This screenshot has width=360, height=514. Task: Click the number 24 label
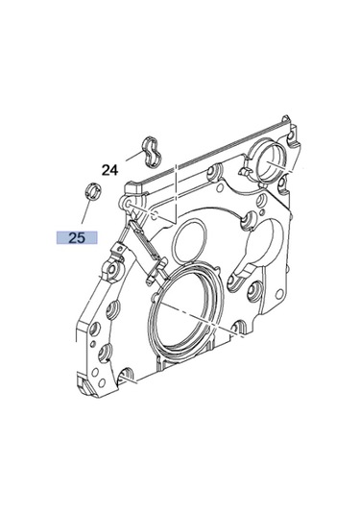pos(108,170)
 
